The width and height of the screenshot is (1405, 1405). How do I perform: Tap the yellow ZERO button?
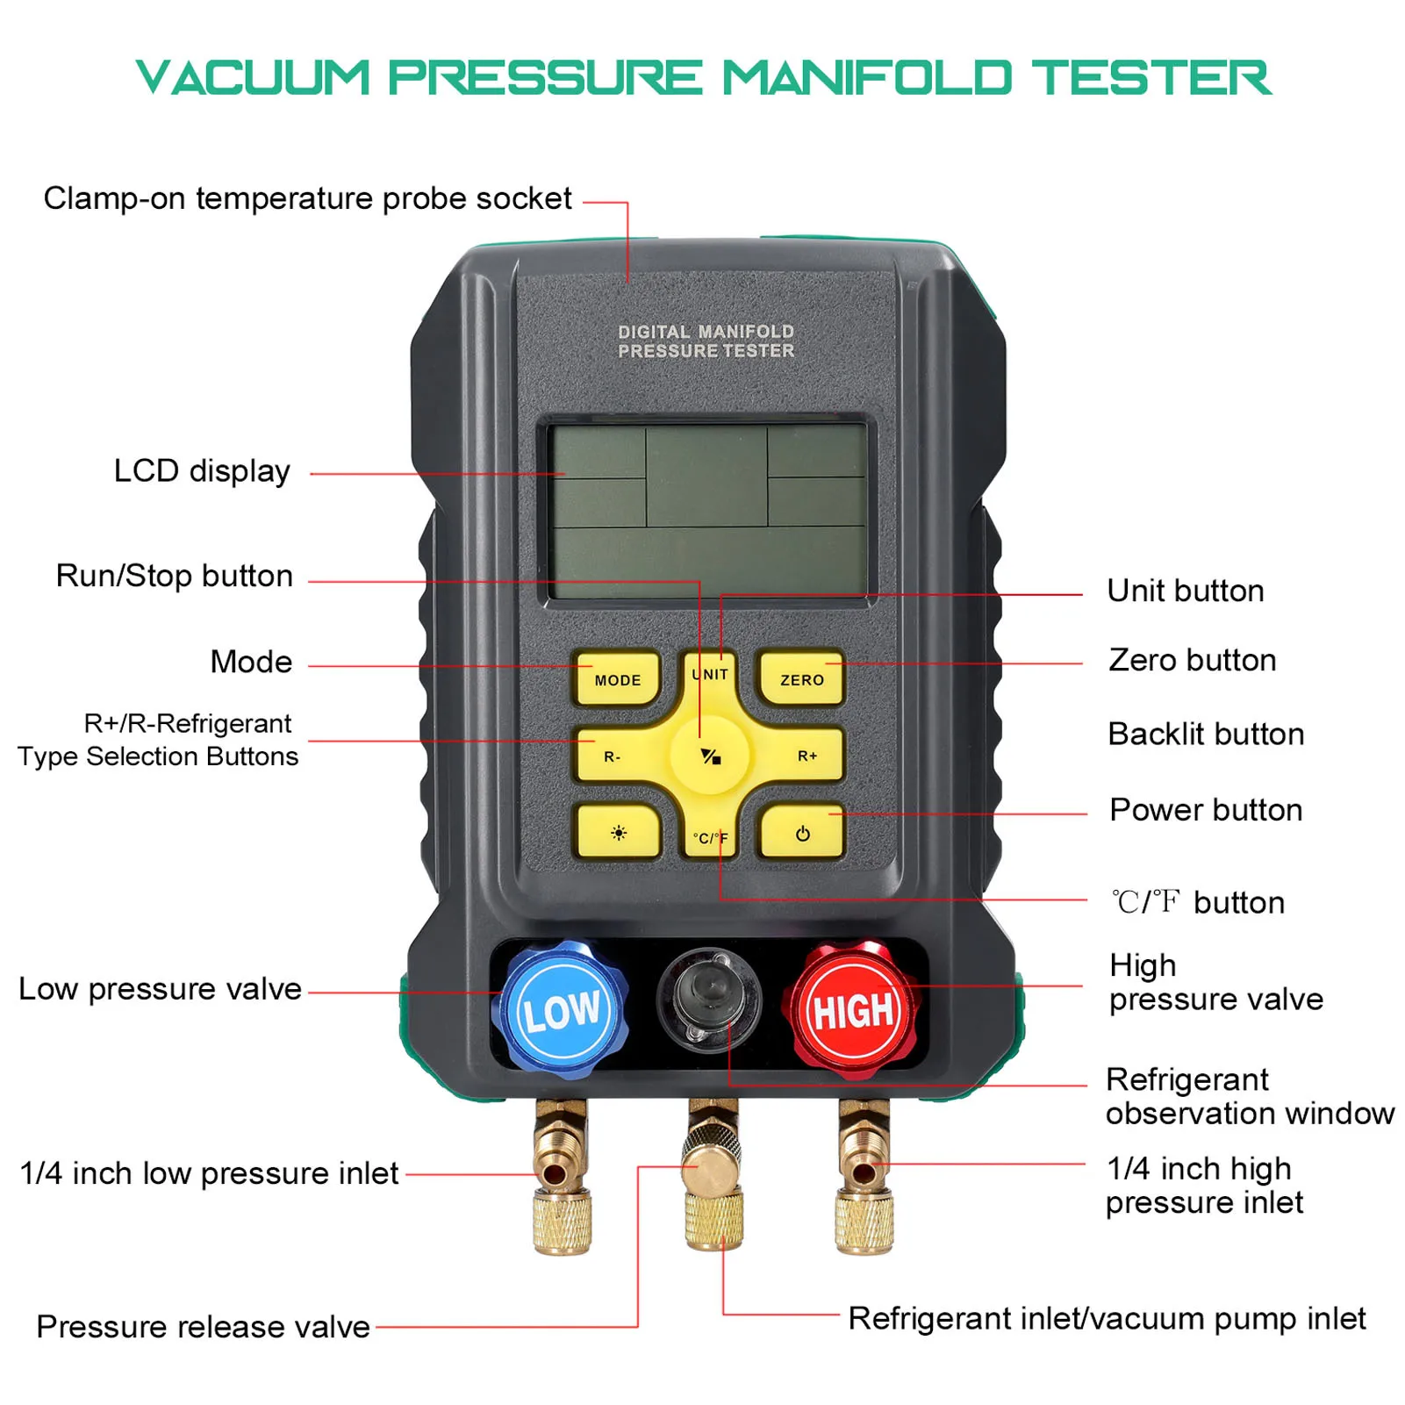coord(801,679)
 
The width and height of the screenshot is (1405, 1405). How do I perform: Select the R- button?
coord(613,756)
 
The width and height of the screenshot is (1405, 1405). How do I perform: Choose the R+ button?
coord(806,756)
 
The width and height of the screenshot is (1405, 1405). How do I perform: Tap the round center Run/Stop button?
coord(710,756)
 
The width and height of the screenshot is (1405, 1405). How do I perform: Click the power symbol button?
coord(802,833)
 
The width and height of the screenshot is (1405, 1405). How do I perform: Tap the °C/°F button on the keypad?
coord(710,837)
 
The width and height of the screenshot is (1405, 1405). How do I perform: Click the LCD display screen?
coord(707,512)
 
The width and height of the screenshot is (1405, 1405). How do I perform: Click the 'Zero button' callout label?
coord(1192,660)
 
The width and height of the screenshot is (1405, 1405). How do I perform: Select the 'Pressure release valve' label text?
coord(203,1326)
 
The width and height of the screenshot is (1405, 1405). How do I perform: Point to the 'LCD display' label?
coord(202,471)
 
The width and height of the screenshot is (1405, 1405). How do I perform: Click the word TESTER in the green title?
coord(1150,77)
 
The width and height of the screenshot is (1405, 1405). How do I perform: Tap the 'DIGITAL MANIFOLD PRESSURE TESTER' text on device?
coord(706,341)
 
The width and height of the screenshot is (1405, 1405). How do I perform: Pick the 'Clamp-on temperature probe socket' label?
coord(307,198)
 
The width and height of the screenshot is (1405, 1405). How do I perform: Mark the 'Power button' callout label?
coord(1205,809)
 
